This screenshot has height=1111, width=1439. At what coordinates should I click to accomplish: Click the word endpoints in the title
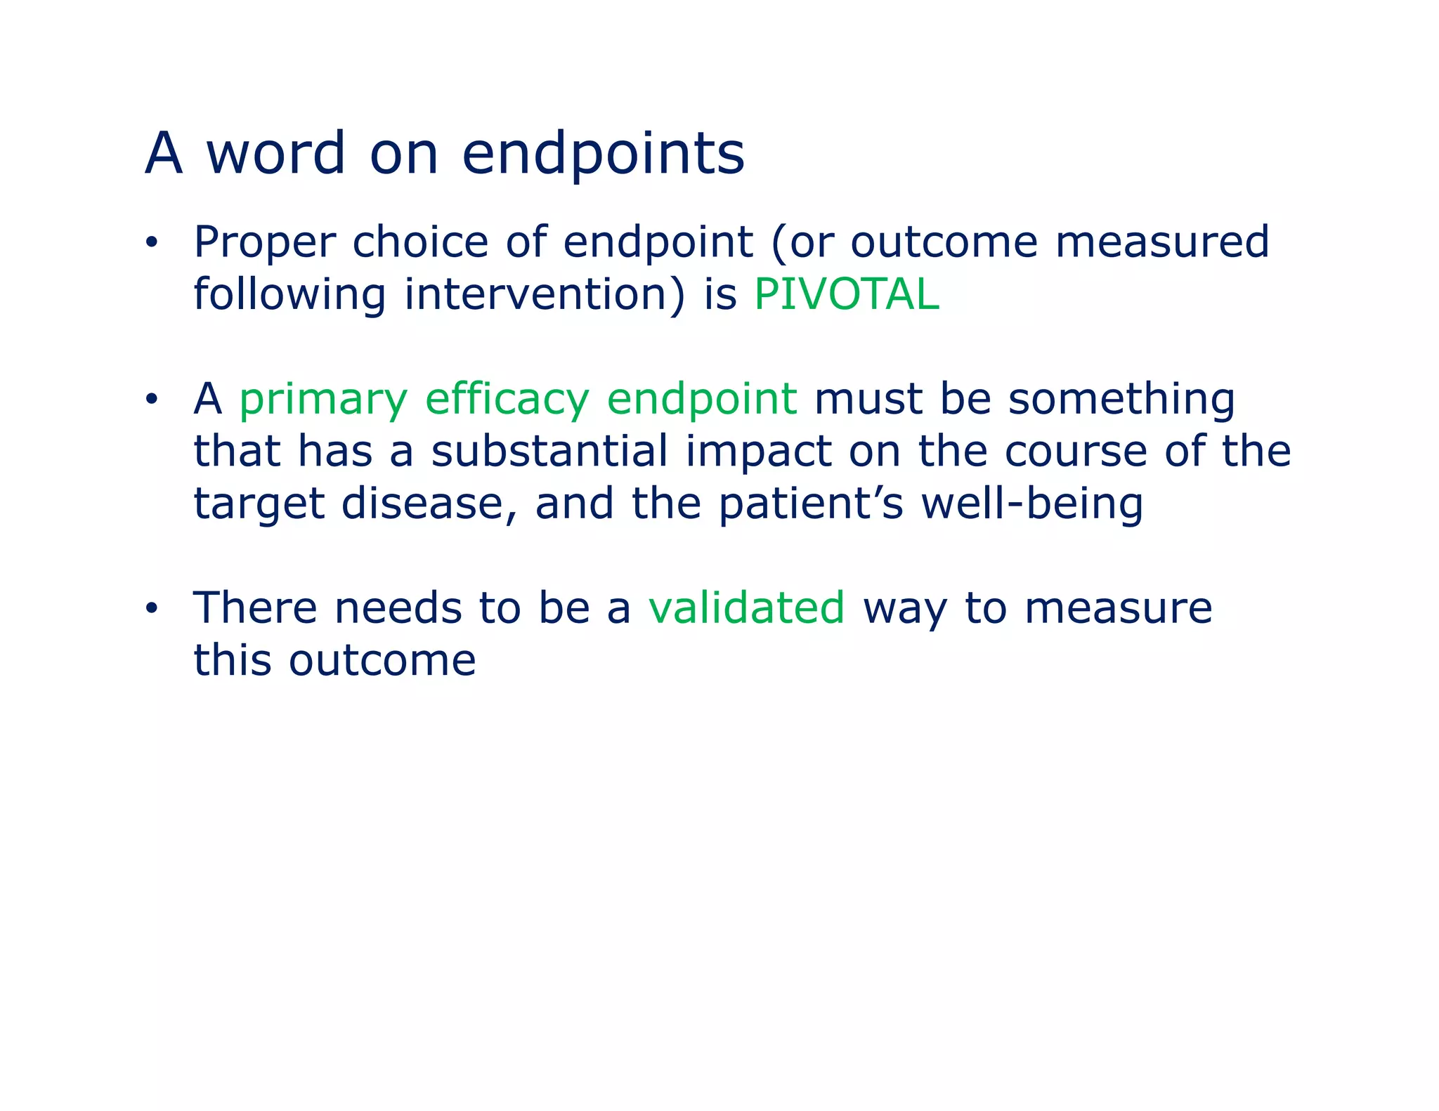(x=603, y=154)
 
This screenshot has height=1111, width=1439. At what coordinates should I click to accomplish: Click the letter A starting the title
(x=163, y=154)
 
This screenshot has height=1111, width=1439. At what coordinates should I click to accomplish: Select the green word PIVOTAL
(x=846, y=294)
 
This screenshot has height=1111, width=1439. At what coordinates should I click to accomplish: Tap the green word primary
(x=323, y=400)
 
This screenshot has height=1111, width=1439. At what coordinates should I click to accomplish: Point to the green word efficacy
(x=507, y=400)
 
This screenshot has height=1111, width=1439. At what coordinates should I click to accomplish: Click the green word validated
(x=746, y=608)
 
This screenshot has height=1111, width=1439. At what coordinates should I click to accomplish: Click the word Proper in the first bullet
(x=264, y=242)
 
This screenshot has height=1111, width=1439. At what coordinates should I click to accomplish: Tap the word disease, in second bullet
(x=429, y=504)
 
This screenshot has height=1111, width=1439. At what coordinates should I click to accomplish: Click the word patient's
(x=811, y=504)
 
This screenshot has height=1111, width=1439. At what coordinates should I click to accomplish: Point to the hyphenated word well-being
(x=1031, y=504)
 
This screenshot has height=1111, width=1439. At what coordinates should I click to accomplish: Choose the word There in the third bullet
(x=255, y=608)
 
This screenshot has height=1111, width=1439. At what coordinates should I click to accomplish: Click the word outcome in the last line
(x=382, y=661)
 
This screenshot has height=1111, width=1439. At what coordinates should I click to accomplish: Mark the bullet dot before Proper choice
(x=152, y=244)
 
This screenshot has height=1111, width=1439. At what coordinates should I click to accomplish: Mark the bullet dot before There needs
(x=152, y=609)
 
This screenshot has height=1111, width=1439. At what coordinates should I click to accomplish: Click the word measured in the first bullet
(x=1162, y=242)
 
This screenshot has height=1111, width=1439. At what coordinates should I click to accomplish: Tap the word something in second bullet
(x=1121, y=400)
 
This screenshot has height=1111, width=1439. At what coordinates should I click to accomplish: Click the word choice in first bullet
(x=420, y=242)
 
